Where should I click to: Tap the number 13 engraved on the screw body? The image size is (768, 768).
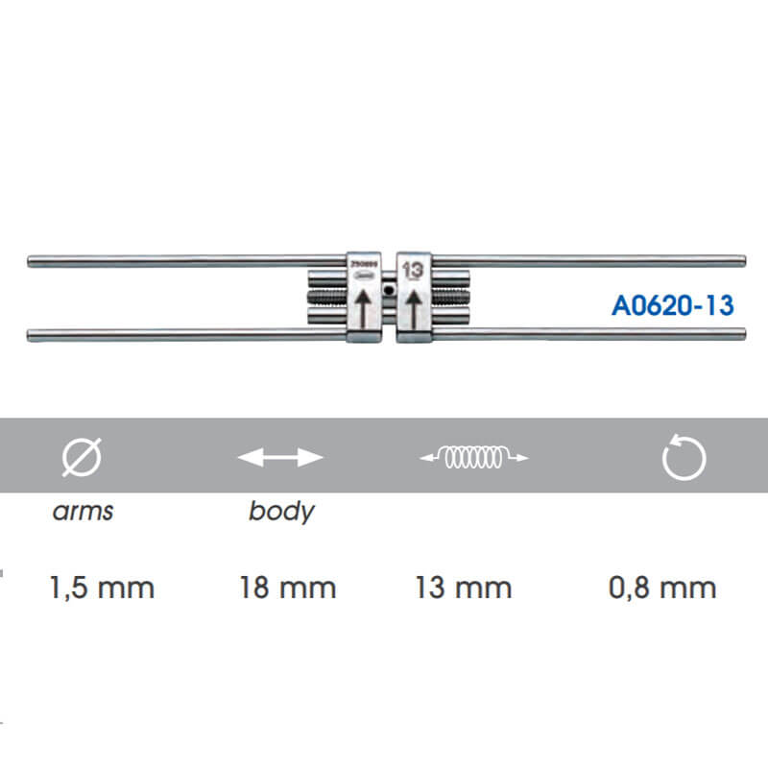coord(414,270)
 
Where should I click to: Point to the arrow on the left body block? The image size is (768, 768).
coord(363,309)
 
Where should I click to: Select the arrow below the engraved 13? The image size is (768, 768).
coord(413,309)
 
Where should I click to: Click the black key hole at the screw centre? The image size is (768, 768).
coord(387,289)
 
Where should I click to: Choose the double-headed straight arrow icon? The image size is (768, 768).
coord(280,458)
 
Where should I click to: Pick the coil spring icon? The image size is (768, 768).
coord(474,458)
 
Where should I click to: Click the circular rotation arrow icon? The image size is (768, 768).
coord(684,458)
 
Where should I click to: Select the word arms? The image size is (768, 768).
coord(83,511)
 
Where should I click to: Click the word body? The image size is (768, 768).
coord(280,511)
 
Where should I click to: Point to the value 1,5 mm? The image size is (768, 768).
coord(102,587)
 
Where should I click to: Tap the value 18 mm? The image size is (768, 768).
coord(288,587)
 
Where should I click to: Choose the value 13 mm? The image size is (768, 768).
coord(464,587)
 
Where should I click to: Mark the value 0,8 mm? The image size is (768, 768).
coord(662,587)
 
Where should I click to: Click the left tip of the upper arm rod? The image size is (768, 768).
coord(32,259)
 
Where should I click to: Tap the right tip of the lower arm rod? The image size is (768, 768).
coord(743,333)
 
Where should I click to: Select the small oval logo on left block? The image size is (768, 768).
coord(364,276)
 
